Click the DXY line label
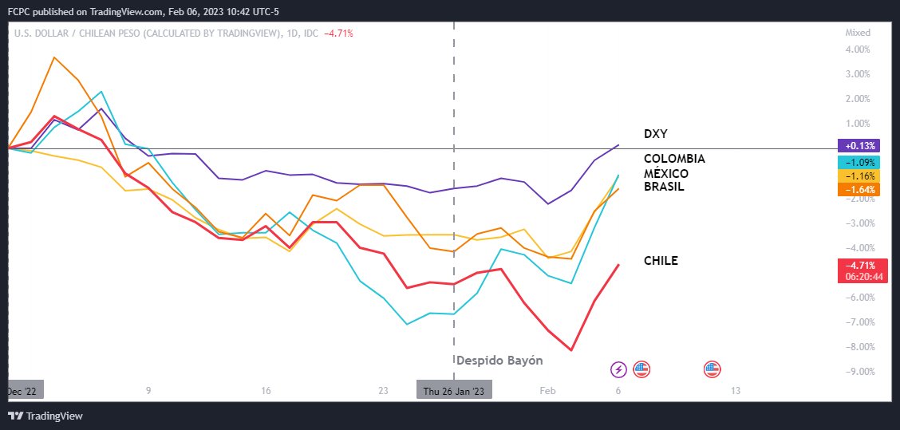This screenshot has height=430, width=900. coord(655,134)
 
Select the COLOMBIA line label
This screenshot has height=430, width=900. coord(674,159)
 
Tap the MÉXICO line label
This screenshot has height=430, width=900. coord(665,173)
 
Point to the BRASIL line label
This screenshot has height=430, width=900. coord(664,187)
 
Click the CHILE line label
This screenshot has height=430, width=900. coord(661,261)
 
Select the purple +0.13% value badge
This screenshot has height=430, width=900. coord(858,146)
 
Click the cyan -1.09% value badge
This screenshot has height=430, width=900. coord(858,161)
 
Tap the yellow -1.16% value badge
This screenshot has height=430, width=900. coord(858,176)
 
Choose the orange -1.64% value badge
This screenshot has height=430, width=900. coord(858,190)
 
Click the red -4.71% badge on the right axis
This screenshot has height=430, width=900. coord(858,265)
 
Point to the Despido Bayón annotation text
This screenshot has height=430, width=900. coord(499,361)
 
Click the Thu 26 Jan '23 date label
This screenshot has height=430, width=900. coord(454,391)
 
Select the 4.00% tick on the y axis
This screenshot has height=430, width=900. coord(857,49)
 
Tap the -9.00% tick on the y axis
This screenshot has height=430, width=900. coord(857,371)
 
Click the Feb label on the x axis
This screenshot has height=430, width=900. coord(547,391)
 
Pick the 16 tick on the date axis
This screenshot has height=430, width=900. coord(266,391)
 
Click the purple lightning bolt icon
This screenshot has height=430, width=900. coord(618,369)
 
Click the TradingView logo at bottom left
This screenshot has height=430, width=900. coord(45,416)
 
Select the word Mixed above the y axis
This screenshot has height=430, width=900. coord(858,33)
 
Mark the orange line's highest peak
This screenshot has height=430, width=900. coord(53,57)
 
